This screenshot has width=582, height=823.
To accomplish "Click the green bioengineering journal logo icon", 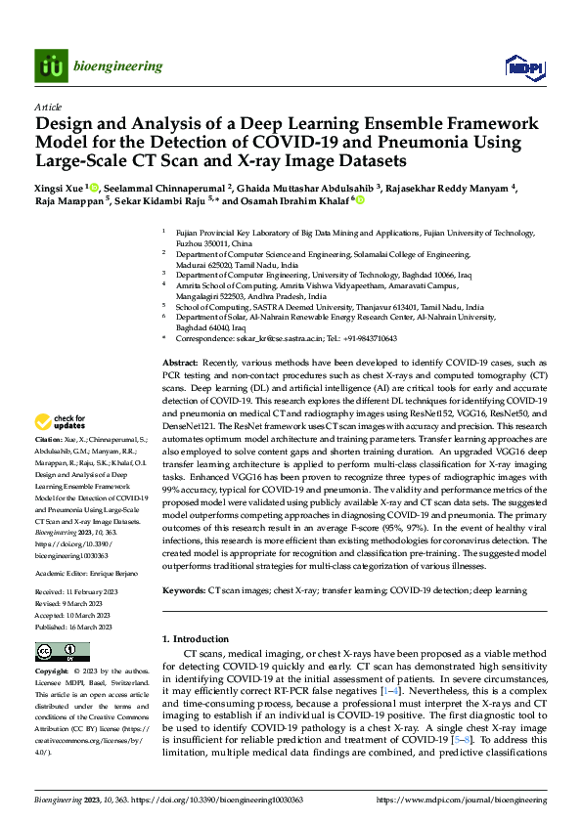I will [50, 65].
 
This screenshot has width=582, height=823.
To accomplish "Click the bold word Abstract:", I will [180, 363].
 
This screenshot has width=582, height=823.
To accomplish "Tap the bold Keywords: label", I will [183, 591].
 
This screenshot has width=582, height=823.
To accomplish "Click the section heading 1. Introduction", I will [195, 638].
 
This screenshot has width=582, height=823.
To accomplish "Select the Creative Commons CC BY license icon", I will [62, 652].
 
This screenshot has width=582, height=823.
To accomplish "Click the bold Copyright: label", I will [52, 672].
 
